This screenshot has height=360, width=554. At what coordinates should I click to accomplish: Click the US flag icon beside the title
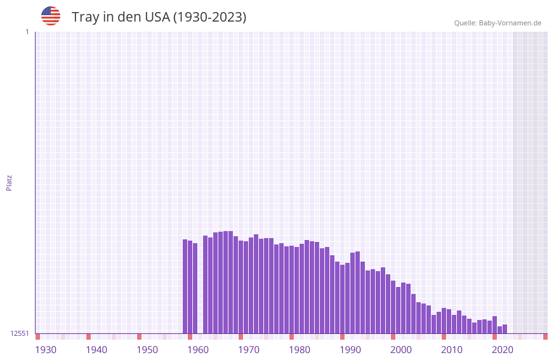(51, 16)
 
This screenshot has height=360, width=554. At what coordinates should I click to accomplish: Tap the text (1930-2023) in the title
(209, 17)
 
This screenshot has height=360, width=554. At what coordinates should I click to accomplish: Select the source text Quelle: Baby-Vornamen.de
(498, 23)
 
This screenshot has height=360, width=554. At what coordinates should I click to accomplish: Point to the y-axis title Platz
(9, 182)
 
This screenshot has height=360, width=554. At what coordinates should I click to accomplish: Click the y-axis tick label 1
(27, 32)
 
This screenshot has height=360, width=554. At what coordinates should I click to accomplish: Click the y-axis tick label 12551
(20, 333)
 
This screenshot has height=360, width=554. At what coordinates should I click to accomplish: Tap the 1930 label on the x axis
(46, 350)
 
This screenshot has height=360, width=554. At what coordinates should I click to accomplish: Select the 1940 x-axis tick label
(96, 350)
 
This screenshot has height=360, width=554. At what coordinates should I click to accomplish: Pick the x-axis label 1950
(147, 350)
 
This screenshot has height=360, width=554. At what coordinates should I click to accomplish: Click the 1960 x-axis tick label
(198, 350)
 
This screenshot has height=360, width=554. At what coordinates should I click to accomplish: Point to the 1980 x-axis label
(300, 350)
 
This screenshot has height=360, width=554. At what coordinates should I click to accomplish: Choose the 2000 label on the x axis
(401, 350)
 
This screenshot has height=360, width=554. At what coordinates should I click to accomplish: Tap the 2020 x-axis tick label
(503, 350)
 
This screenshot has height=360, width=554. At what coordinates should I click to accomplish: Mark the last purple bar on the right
(505, 329)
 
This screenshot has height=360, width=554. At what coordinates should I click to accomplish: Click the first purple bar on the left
(185, 286)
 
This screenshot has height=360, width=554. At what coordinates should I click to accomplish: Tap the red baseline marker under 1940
(88, 337)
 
